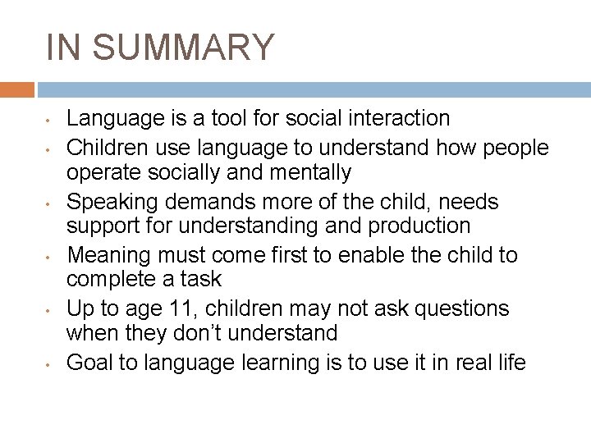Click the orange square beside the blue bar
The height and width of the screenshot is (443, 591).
pyautogui.click(x=17, y=89)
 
